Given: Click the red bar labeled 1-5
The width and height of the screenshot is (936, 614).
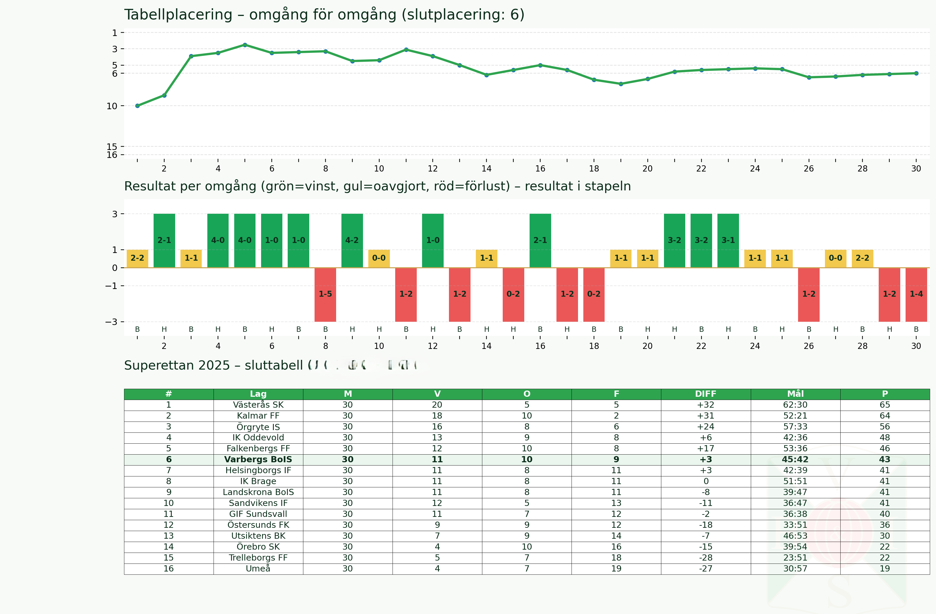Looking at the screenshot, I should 325,294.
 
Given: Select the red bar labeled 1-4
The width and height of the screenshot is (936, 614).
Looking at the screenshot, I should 916,294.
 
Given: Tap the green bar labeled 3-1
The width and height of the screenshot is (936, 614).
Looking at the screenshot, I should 728,240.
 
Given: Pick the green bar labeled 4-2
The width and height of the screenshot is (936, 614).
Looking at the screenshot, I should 352,240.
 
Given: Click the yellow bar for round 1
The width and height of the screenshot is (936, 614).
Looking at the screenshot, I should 137,258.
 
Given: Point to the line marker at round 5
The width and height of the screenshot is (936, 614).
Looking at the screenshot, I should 245,45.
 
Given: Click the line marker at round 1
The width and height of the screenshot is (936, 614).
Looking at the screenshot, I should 137,106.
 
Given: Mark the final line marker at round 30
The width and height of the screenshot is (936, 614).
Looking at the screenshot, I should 916,73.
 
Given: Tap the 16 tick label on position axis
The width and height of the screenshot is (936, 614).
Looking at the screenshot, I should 112,155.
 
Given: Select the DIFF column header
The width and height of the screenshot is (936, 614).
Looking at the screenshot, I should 706,394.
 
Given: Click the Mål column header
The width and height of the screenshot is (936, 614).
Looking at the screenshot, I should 795,394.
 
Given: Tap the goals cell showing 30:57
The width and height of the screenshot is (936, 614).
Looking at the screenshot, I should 795,569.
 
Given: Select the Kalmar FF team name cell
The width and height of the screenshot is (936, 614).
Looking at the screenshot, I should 258,416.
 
